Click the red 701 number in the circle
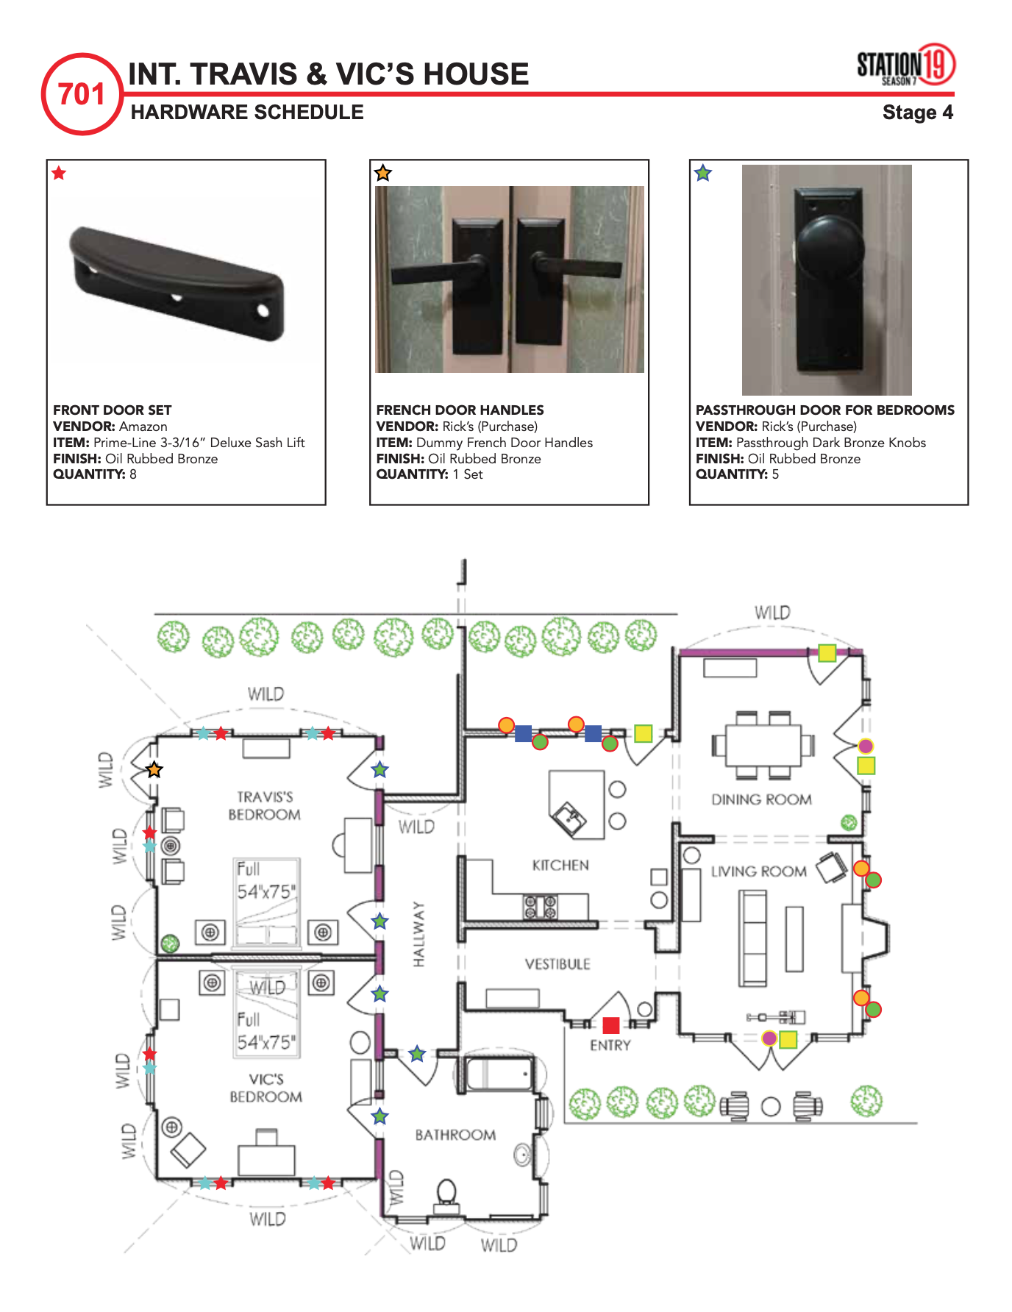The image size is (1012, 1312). click(82, 94)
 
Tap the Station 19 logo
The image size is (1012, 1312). click(905, 65)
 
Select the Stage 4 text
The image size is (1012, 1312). click(917, 113)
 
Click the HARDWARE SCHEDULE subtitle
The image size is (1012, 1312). click(247, 113)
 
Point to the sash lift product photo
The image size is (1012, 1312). click(177, 283)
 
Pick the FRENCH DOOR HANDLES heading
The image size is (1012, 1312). click(460, 410)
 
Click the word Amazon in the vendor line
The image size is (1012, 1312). click(143, 427)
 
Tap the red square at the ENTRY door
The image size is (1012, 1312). click(611, 1025)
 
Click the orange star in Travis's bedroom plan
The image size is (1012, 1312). click(154, 770)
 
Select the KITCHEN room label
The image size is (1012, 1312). click(560, 866)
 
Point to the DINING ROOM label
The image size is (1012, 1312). click(761, 799)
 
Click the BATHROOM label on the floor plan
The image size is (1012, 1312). click(455, 1135)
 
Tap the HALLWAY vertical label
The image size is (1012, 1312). click(418, 934)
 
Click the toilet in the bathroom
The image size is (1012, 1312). click(446, 1193)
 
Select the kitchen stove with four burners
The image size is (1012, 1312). click(540, 907)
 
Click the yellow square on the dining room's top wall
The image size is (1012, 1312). click(827, 653)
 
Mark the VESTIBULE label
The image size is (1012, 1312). click(557, 964)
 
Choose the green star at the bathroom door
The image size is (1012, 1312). click(417, 1054)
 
